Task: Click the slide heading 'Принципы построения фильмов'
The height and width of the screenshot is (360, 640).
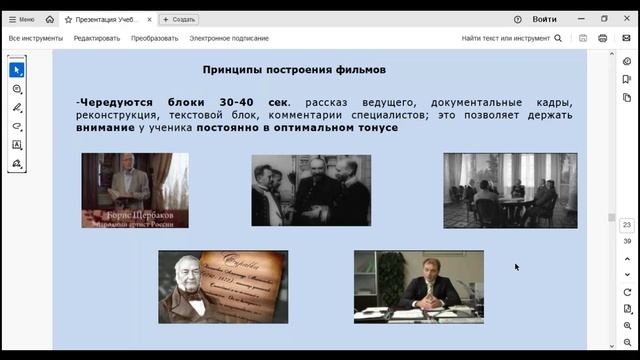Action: tap(293, 70)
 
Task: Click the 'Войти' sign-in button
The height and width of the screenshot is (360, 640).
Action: tap(544, 19)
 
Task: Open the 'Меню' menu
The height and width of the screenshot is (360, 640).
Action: tap(21, 19)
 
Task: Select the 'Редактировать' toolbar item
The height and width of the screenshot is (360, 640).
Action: tap(96, 38)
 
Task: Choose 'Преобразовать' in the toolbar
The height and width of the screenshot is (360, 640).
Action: tap(154, 38)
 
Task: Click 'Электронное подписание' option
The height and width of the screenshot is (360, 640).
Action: tap(229, 38)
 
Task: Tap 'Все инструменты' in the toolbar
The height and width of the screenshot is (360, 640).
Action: tap(35, 38)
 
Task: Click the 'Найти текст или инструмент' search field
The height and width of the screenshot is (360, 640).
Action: tap(506, 38)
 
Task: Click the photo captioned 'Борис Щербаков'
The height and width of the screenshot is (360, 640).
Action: tap(134, 190)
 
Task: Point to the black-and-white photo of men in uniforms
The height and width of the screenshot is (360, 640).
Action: tap(311, 190)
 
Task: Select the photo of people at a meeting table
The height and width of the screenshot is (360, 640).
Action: tap(510, 190)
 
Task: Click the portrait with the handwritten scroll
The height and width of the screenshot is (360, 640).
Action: tap(223, 286)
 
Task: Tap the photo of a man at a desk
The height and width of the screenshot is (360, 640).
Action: tap(418, 286)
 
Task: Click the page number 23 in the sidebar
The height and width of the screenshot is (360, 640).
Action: tap(626, 225)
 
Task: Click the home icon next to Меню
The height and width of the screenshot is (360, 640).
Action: tap(50, 19)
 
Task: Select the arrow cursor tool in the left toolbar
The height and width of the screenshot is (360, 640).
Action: tap(17, 70)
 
